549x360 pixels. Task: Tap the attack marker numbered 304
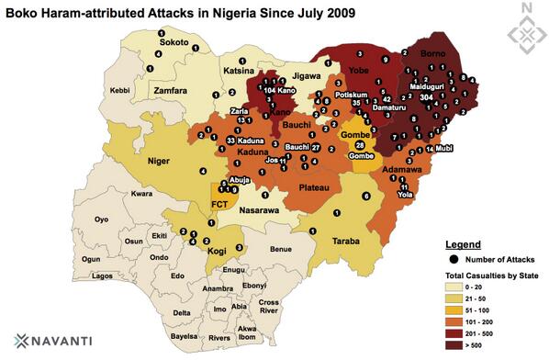pos(425,96)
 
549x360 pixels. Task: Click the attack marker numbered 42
pos(387,98)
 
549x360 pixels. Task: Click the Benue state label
pos(279,249)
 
